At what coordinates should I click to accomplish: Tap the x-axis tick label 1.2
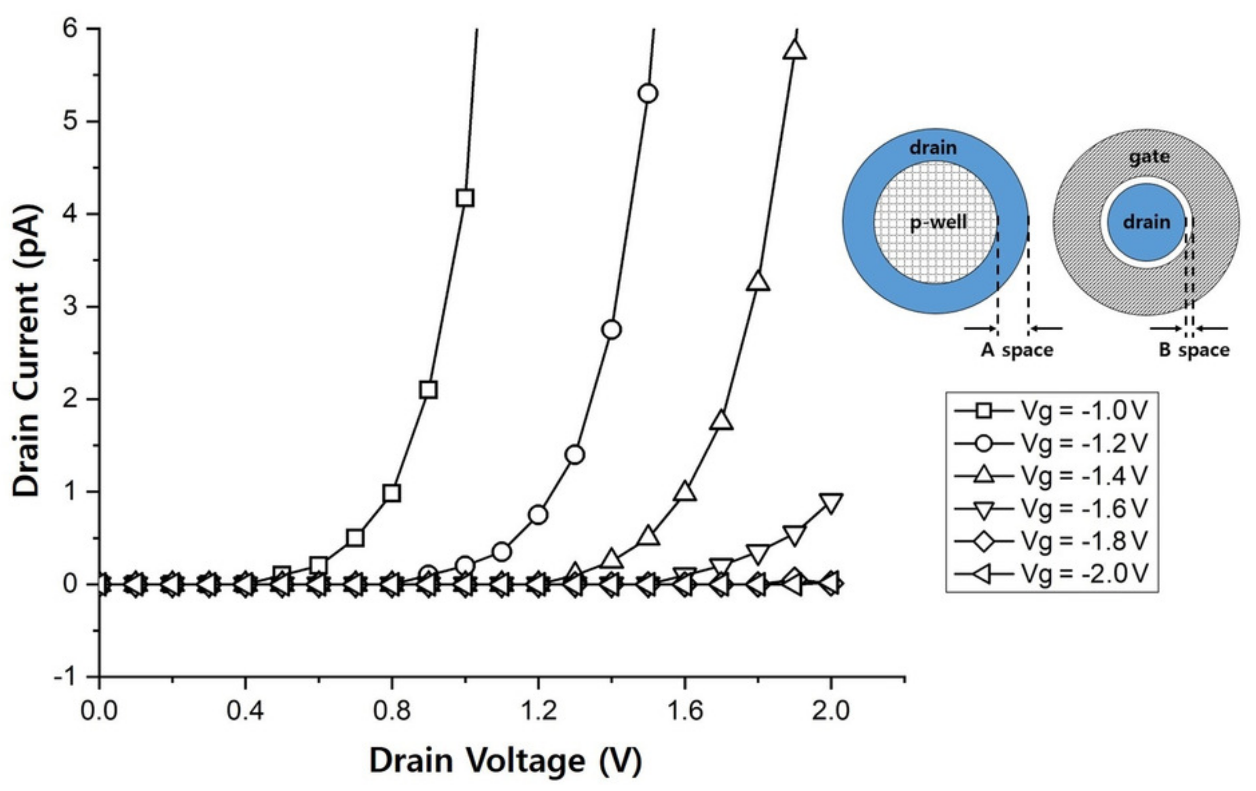click(x=538, y=711)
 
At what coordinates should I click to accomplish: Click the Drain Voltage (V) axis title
click(x=505, y=761)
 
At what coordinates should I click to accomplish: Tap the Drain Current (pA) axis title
click(x=26, y=352)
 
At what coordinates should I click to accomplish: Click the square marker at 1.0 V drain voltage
click(x=465, y=198)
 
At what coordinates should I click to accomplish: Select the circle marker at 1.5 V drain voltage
click(x=648, y=94)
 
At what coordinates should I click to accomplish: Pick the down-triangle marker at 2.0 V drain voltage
click(x=831, y=502)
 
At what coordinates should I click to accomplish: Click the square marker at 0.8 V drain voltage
click(x=392, y=493)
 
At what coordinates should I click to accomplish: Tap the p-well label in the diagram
click(x=939, y=222)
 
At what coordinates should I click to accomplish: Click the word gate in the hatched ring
click(x=1149, y=157)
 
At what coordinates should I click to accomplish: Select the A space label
click(x=1017, y=350)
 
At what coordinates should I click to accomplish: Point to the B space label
click(x=1193, y=350)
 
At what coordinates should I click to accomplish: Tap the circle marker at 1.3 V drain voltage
click(x=575, y=455)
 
